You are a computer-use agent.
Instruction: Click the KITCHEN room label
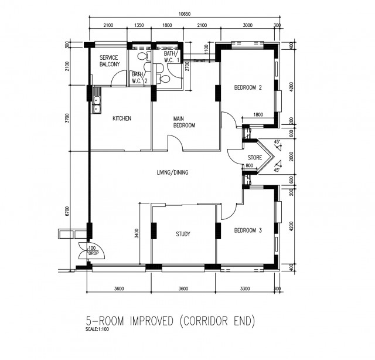122,118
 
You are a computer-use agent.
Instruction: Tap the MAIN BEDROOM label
184,122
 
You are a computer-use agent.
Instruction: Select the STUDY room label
183,234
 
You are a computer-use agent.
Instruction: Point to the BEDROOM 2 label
248,87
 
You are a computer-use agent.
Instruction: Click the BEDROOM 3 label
248,230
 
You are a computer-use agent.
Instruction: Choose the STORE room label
255,158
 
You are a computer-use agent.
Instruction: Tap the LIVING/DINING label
172,172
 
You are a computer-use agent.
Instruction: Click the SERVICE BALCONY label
110,61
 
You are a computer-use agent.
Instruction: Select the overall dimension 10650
185,14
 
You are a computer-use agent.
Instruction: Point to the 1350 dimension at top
139,25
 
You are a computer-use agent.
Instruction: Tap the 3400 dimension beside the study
137,233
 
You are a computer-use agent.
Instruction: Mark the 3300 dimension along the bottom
245,288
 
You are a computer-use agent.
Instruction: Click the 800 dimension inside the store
249,165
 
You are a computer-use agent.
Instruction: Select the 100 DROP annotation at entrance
93,250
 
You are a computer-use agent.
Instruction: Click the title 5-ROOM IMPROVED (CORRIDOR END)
171,321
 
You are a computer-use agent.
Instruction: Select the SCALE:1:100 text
97,329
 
